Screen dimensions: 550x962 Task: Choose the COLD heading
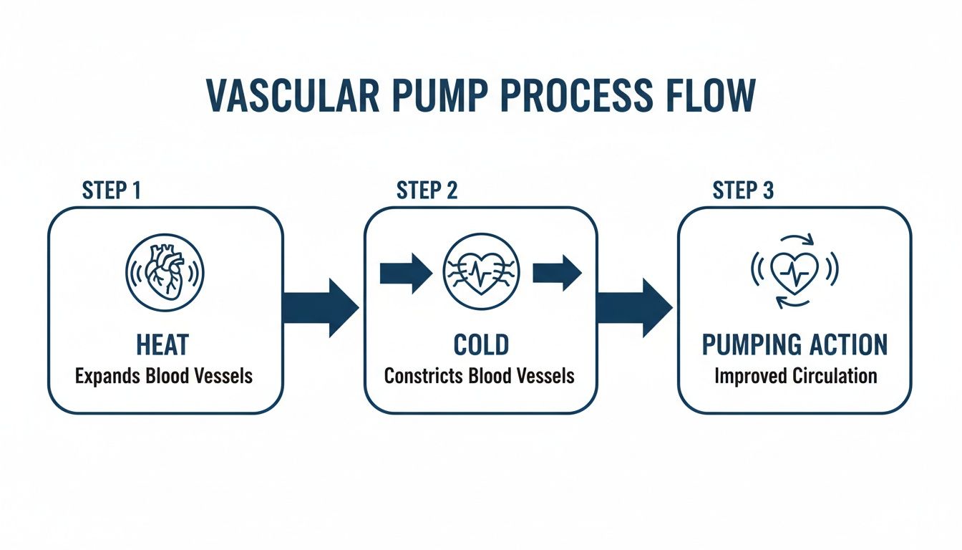(481, 344)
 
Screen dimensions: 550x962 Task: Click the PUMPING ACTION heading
(795, 344)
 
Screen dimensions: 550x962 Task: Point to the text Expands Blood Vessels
(165, 375)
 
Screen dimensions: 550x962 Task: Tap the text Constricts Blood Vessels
(480, 375)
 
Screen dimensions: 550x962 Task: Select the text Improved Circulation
(795, 375)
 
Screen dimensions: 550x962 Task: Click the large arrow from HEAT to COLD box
(323, 308)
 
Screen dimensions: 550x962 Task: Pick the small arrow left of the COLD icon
(406, 273)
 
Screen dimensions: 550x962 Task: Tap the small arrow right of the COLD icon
(558, 273)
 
